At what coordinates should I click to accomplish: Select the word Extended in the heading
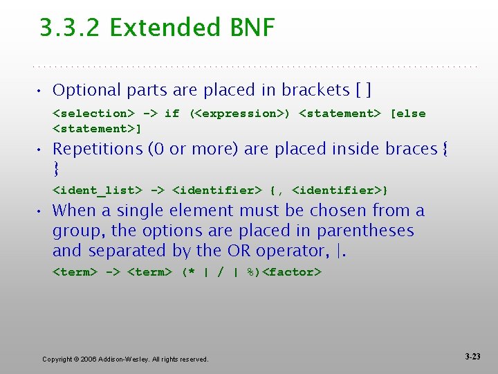163,28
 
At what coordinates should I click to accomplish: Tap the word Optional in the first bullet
81,90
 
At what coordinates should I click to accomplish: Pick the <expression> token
239,114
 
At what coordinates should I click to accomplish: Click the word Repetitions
96,149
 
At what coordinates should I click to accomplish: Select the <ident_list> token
97,190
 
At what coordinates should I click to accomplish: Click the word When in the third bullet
73,211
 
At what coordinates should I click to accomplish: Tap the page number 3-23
472,357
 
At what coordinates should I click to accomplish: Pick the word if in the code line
172,114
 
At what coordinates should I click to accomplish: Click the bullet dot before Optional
43,91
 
